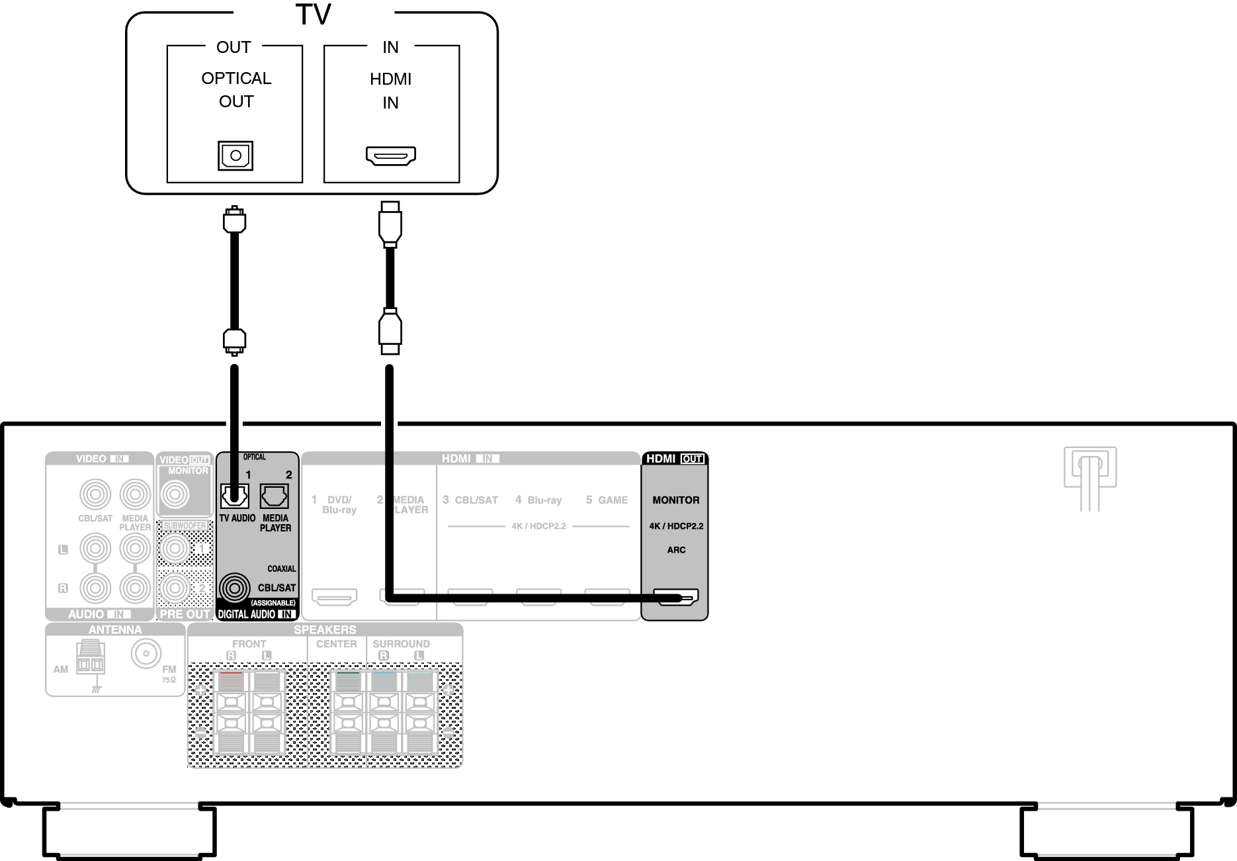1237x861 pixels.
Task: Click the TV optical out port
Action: coord(235,156)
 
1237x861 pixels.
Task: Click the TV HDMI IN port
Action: coord(391,156)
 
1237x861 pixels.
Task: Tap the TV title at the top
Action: coord(313,15)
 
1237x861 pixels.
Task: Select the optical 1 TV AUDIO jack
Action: coord(234,495)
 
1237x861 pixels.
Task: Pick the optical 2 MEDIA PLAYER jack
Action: coord(274,495)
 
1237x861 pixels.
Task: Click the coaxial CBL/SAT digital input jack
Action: coord(234,588)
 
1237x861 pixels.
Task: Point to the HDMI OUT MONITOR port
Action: coord(675,598)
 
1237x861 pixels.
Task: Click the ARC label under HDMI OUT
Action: coord(676,550)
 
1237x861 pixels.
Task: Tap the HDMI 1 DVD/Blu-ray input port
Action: coord(335,597)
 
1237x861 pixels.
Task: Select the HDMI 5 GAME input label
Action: coord(607,500)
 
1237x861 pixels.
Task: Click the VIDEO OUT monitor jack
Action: coord(175,494)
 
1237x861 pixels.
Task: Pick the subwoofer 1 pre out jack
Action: coord(175,548)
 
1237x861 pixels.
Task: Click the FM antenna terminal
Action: coord(145,655)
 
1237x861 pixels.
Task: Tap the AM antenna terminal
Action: coord(90,657)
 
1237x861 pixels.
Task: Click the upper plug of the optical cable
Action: coord(235,220)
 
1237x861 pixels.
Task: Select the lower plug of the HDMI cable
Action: coord(390,331)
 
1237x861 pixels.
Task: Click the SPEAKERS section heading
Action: coord(325,630)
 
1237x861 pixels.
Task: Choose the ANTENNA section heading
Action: coord(115,630)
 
